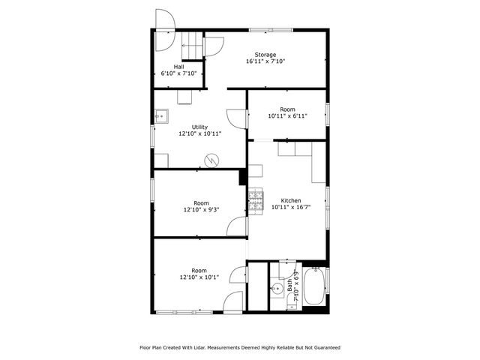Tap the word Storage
(x=265, y=55)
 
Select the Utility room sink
(x=160, y=116)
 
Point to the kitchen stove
(x=256, y=200)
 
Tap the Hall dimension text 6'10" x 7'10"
(x=179, y=73)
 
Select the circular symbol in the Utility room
(x=214, y=159)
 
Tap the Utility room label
(x=199, y=127)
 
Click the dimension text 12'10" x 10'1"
(x=199, y=277)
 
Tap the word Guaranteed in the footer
(x=324, y=347)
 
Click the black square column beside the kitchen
(x=243, y=177)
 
